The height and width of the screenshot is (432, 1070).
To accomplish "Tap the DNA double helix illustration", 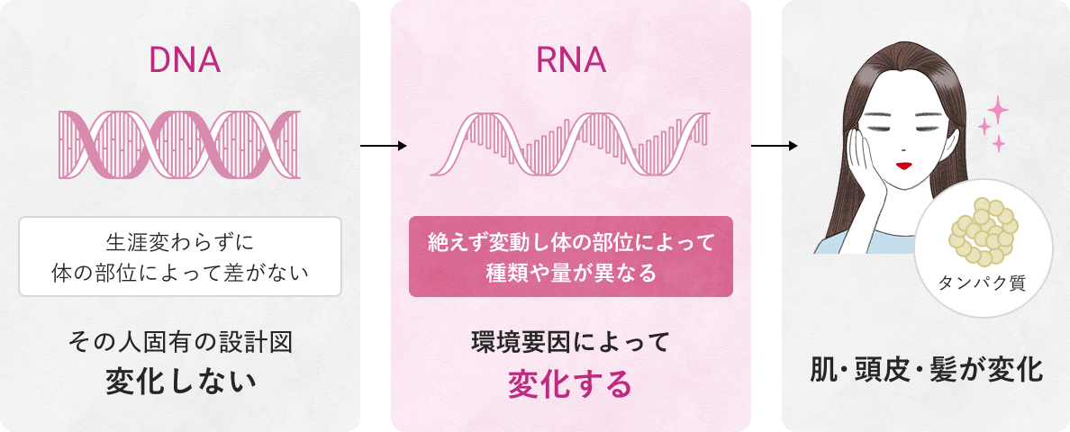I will pos(179,143).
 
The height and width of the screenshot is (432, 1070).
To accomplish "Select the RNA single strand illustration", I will pos(570,143).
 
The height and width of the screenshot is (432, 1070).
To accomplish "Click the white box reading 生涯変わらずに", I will pos(180,256).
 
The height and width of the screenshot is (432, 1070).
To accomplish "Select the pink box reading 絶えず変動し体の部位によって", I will pos(571,256).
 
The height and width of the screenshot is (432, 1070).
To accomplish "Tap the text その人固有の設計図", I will pos(180,342).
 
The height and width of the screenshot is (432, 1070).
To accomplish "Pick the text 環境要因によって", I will pos(571,342).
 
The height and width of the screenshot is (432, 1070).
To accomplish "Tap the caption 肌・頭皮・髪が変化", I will pos(927,369).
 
